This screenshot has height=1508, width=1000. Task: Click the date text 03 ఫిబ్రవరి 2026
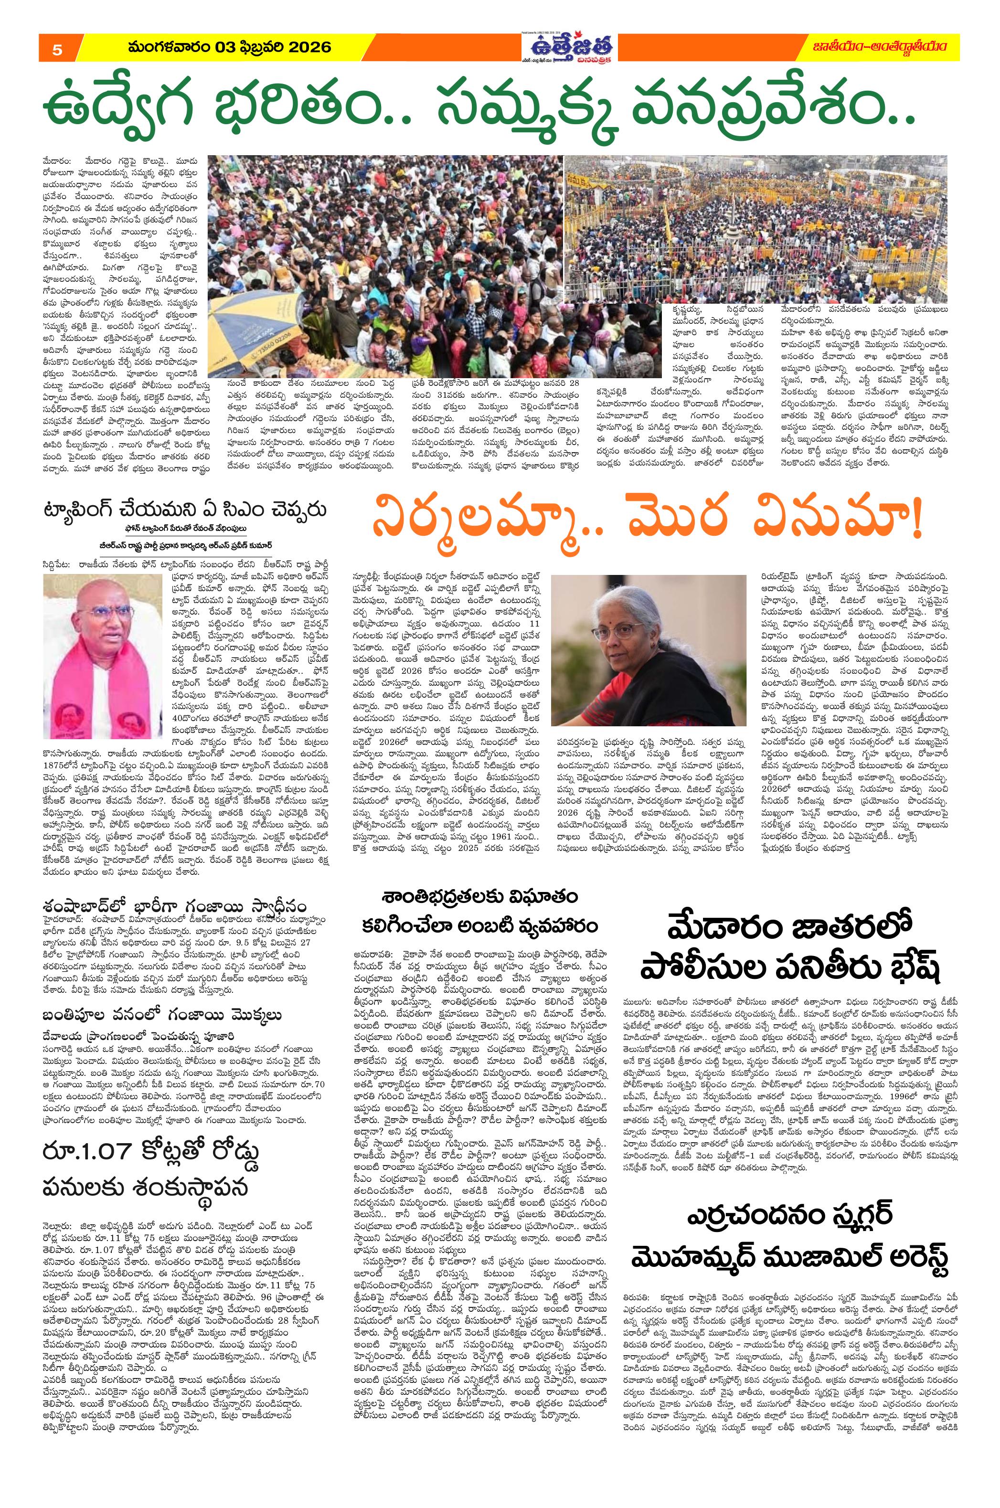263,47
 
